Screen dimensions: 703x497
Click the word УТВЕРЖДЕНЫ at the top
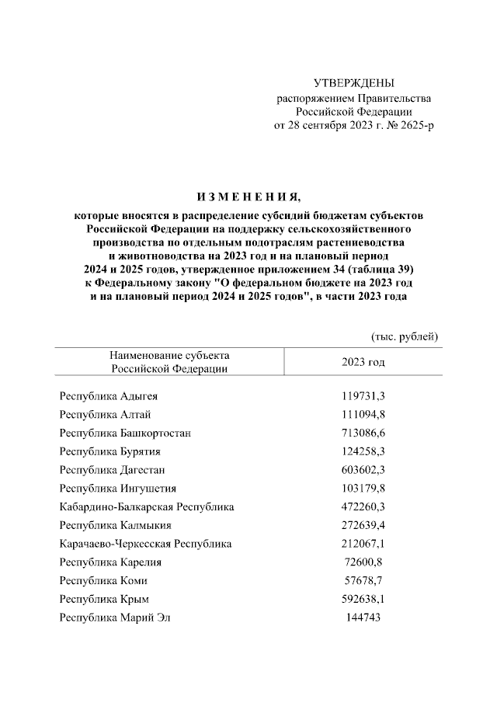pyautogui.click(x=353, y=82)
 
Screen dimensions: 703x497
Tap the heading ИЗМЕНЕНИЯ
pyautogui.click(x=248, y=194)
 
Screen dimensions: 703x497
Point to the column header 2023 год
pyautogui.click(x=363, y=363)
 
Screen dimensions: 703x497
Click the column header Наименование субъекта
pyautogui.click(x=169, y=356)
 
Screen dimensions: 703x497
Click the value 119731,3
pyautogui.click(x=363, y=396)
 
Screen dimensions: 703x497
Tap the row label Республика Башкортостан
pyautogui.click(x=125, y=433)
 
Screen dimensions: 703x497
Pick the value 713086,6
pyautogui.click(x=363, y=433)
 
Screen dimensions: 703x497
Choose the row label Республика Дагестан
pyautogui.click(x=113, y=470)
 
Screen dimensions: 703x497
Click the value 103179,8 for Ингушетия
pyautogui.click(x=363, y=489)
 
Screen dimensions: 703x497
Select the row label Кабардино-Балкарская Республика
pyautogui.click(x=147, y=507)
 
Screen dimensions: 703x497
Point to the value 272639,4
pyautogui.click(x=363, y=526)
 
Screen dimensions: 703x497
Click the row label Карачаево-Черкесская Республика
pyautogui.click(x=145, y=544)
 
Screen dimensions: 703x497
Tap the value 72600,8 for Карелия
pyautogui.click(x=363, y=562)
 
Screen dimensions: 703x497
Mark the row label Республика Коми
pyautogui.click(x=103, y=581)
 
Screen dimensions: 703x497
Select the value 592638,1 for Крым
pyautogui.click(x=363, y=599)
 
